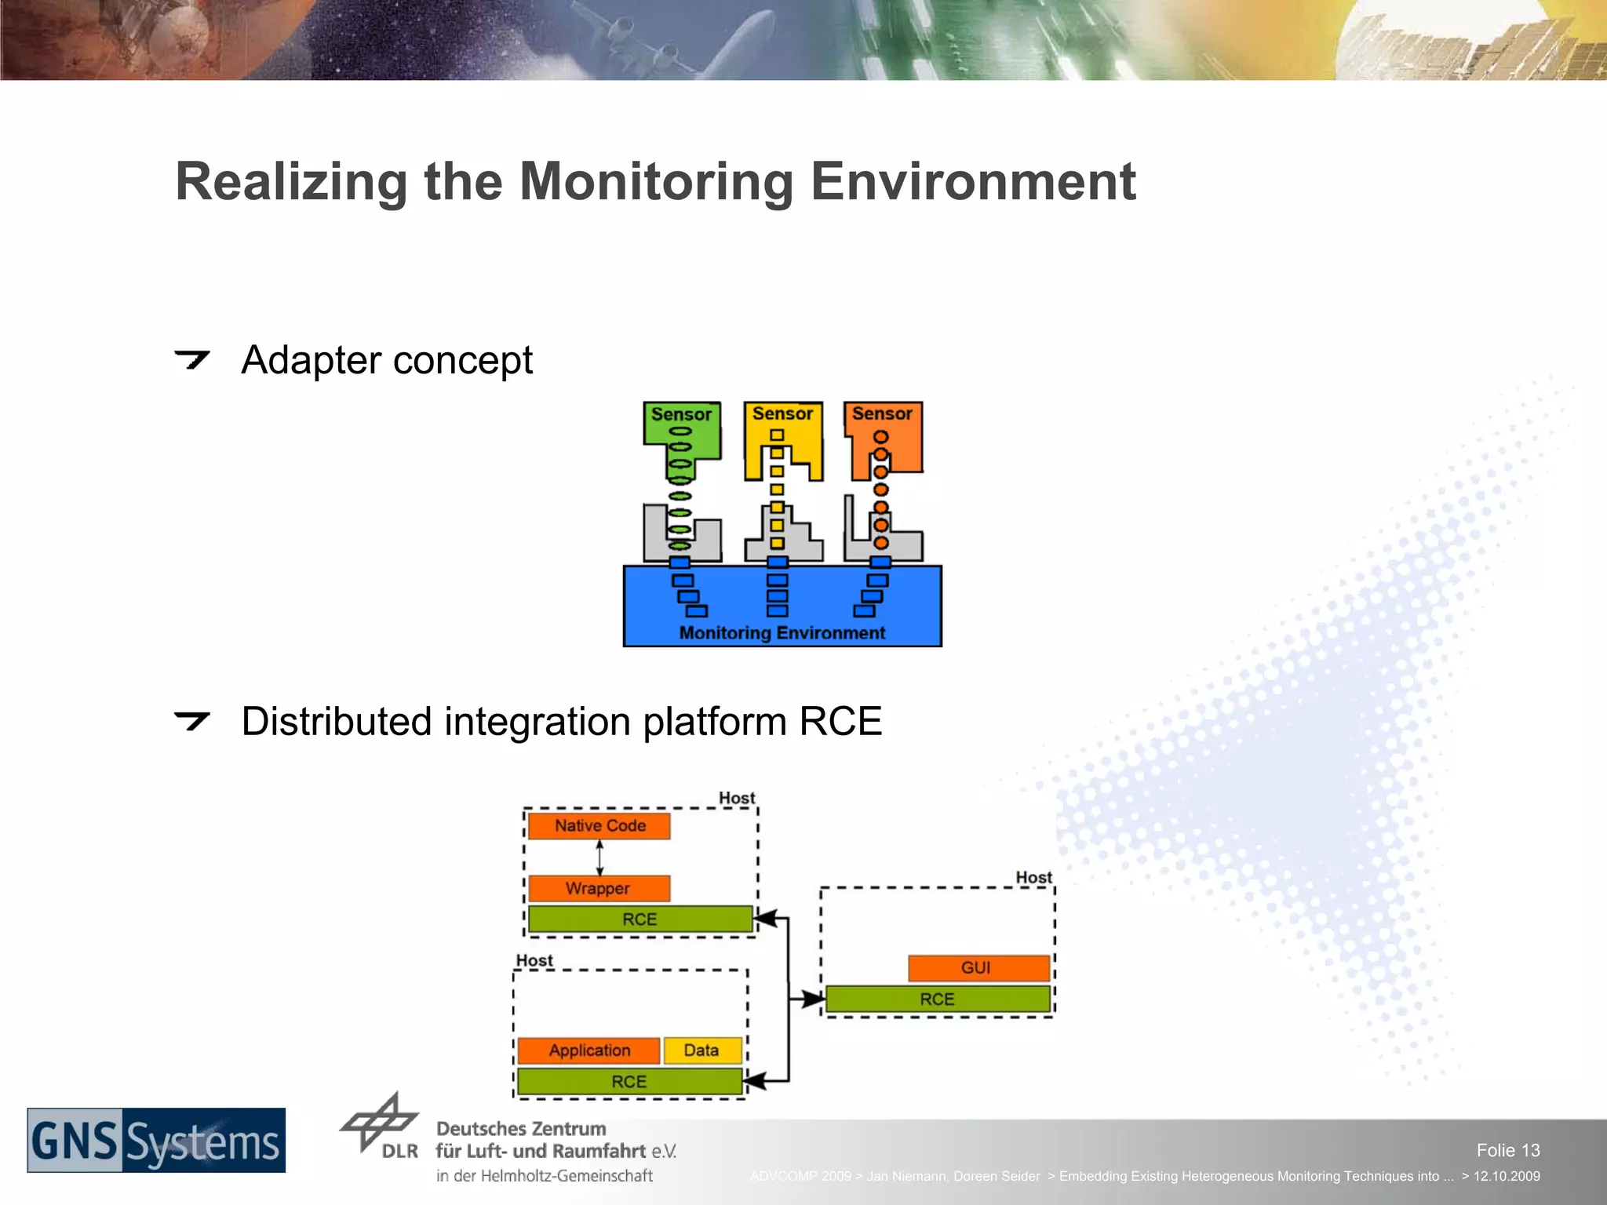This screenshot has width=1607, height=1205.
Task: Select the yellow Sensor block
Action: click(x=782, y=413)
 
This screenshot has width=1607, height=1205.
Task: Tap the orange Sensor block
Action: click(x=883, y=413)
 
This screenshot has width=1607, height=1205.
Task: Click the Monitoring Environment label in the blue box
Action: click(x=782, y=632)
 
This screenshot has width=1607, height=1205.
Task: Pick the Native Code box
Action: click(x=599, y=825)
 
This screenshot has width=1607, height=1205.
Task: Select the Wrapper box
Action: click(x=598, y=888)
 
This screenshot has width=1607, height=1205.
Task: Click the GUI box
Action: click(x=977, y=967)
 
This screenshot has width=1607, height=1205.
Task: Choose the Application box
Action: click(x=589, y=1050)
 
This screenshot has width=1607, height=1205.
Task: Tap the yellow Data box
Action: click(x=701, y=1050)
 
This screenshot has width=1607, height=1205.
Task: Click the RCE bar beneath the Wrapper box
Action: click(x=640, y=919)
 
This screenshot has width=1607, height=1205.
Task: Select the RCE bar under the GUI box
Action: click(x=937, y=999)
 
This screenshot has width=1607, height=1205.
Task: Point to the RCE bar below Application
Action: click(x=629, y=1081)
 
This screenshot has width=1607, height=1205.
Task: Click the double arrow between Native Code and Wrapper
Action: click(x=599, y=857)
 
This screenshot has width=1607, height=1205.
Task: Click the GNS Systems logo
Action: click(x=156, y=1140)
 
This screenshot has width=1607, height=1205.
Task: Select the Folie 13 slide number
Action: click(x=1507, y=1150)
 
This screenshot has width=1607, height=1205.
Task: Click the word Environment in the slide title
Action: click(x=973, y=181)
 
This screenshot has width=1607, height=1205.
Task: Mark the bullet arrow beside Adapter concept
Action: click(x=191, y=359)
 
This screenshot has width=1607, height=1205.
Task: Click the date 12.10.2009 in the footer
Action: click(x=1506, y=1176)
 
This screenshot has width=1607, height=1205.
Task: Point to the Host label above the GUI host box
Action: click(x=1033, y=877)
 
